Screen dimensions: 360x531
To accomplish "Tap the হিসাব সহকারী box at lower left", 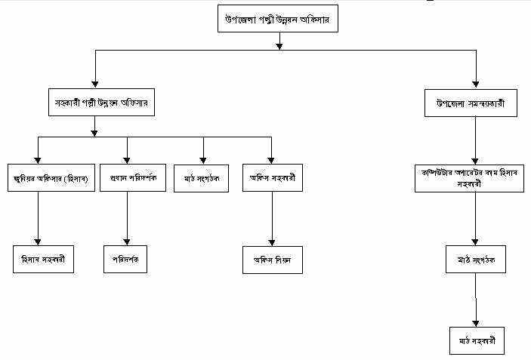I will [42, 259].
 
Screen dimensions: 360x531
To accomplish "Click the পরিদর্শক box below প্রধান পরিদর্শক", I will [126, 259].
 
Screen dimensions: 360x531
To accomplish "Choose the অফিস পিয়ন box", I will [272, 259].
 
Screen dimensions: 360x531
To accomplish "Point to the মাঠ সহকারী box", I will [475, 340].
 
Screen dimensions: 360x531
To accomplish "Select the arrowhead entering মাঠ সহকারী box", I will [475, 322].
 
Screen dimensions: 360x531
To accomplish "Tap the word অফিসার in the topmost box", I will [320, 20].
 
